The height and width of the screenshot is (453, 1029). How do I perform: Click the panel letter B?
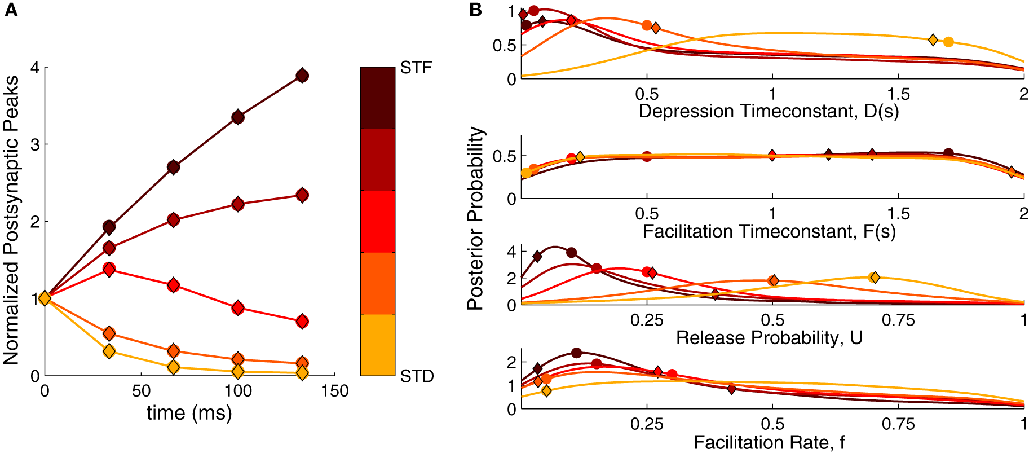[x=475, y=10]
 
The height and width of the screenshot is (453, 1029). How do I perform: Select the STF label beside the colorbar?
[x=416, y=68]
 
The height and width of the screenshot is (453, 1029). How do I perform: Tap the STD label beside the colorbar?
[x=417, y=376]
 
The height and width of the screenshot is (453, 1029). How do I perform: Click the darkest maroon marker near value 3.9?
[x=302, y=76]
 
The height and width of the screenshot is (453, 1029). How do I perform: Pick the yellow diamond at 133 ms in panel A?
[x=302, y=373]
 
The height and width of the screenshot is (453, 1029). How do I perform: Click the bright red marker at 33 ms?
[x=109, y=269]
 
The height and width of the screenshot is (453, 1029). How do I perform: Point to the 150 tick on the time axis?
[x=335, y=391]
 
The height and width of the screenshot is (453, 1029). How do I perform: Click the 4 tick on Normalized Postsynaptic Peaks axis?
[x=35, y=68]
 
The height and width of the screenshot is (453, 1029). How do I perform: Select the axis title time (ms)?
[x=189, y=413]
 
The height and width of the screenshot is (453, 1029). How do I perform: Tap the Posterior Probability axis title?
[x=476, y=219]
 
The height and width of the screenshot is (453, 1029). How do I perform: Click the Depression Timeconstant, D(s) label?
[x=769, y=111]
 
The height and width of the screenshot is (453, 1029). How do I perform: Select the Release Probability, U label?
[x=769, y=338]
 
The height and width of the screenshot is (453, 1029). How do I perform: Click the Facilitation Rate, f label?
[x=769, y=442]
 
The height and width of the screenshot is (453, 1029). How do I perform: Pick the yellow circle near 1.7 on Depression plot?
[x=948, y=42]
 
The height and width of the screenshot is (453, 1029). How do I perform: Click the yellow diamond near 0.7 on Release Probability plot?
[x=875, y=277]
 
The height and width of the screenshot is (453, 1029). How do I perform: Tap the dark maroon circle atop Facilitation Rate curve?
[x=576, y=353]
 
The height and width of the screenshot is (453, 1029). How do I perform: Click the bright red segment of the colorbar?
[x=378, y=221]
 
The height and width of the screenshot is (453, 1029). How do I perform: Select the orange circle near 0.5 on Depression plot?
[x=647, y=25]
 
